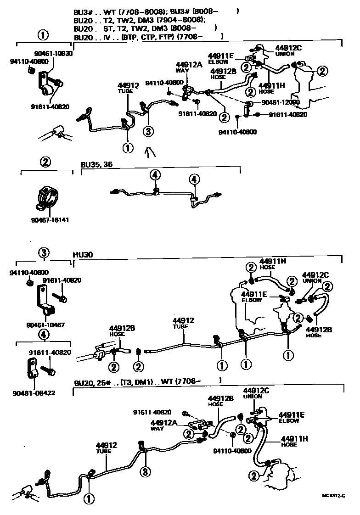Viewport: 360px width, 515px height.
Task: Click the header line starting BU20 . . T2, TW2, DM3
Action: coord(140,20)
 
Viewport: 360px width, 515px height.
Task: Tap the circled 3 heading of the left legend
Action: coord(44,252)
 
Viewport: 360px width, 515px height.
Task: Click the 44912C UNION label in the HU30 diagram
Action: coord(315,277)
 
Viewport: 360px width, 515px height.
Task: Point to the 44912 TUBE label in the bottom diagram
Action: coord(106,448)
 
